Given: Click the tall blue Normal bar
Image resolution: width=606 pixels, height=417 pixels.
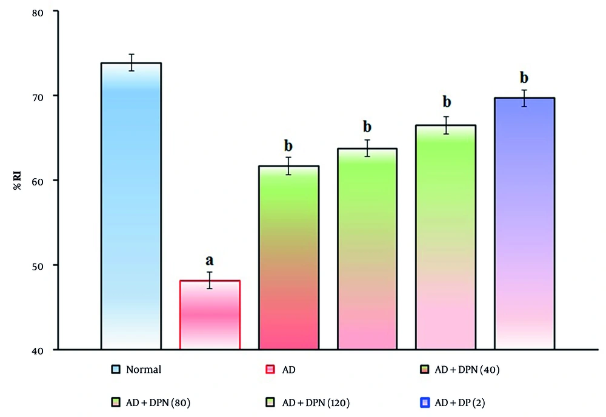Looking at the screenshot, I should (x=131, y=206).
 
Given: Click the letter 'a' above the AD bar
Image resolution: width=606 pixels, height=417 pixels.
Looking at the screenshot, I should (x=210, y=261).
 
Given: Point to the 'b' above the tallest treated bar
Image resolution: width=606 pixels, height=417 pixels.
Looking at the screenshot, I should (x=525, y=78).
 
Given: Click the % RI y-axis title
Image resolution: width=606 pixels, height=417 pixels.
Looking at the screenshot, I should (x=18, y=181).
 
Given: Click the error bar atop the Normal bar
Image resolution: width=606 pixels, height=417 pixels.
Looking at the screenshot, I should (x=131, y=62).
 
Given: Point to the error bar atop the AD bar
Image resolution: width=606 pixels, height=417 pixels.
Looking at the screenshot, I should (x=210, y=280).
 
